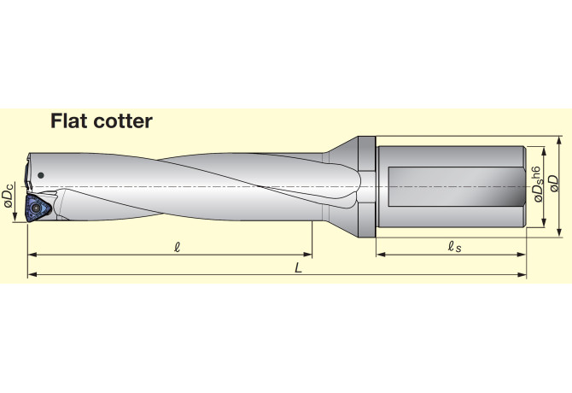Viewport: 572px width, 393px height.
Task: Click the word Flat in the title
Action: (70, 121)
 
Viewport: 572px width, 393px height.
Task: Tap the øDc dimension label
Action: (9, 198)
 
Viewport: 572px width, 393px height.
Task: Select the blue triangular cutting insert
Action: (38, 207)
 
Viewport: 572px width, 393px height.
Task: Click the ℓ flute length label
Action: (176, 246)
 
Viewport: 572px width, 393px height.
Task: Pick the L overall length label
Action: (298, 267)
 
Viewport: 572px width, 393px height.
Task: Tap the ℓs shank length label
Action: (454, 246)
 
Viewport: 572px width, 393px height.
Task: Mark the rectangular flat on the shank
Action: (456, 185)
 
